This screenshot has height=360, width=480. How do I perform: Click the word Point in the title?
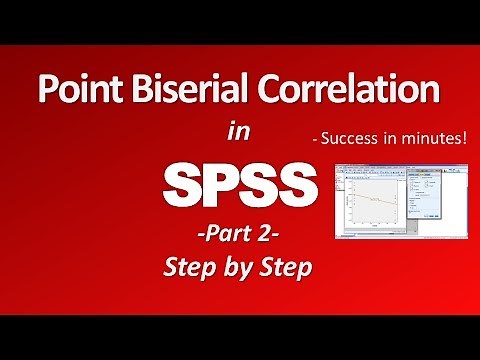(77, 91)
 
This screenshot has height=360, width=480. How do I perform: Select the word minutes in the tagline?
(432, 141)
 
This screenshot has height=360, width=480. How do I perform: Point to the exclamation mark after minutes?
(464, 141)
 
